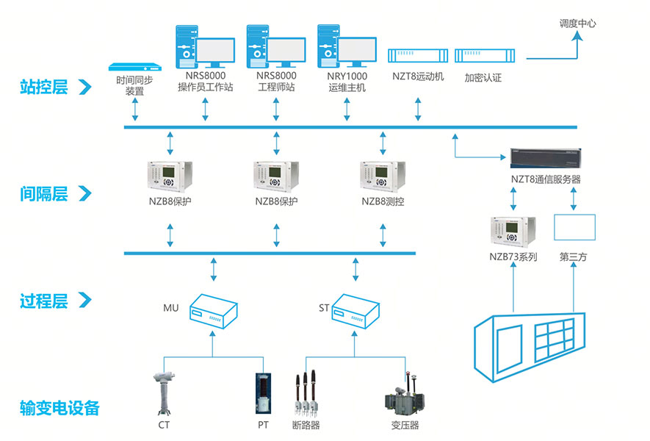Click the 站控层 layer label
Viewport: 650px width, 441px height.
tap(43, 87)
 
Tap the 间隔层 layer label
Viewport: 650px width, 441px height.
tap(43, 194)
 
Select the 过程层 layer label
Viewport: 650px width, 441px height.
tap(43, 301)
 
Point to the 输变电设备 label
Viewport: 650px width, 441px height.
tap(60, 408)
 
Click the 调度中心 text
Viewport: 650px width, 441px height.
tap(577, 24)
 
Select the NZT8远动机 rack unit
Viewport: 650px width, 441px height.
tap(418, 57)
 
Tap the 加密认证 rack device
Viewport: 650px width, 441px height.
tap(483, 57)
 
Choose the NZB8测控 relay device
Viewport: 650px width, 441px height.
tap(382, 176)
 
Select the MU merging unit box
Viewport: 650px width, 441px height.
tap(212, 311)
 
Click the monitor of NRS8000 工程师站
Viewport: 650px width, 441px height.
tap(286, 51)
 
